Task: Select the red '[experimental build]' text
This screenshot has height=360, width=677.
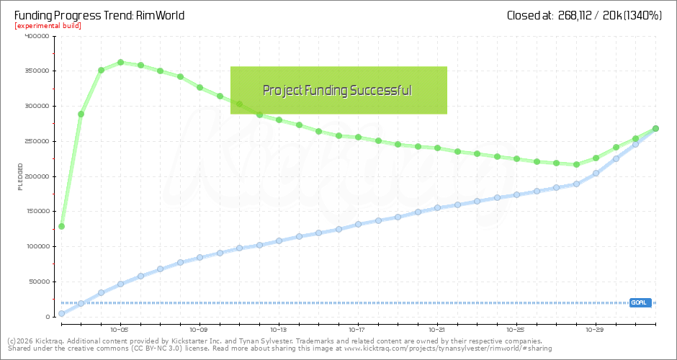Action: (48, 26)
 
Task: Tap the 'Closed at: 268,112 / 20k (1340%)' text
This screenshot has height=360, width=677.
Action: (583, 14)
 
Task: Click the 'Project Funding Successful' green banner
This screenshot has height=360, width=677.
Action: (338, 90)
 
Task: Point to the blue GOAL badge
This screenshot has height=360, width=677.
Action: (640, 302)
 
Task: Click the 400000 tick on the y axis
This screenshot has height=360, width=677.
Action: (36, 36)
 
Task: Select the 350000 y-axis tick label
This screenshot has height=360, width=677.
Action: (36, 71)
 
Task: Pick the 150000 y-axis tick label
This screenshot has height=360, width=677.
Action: (36, 211)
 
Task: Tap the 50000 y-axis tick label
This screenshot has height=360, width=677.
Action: (38, 282)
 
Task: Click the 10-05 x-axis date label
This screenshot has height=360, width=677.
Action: (120, 325)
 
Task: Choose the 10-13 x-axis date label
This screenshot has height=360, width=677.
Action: (279, 325)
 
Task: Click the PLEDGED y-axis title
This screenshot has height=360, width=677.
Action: (21, 176)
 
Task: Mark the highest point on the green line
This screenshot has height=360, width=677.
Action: (121, 63)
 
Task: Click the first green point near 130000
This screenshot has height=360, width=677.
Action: (61, 226)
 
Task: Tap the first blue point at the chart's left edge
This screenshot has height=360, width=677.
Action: (61, 313)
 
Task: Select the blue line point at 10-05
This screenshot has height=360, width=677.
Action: (121, 284)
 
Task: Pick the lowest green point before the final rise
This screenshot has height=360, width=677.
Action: (576, 164)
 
